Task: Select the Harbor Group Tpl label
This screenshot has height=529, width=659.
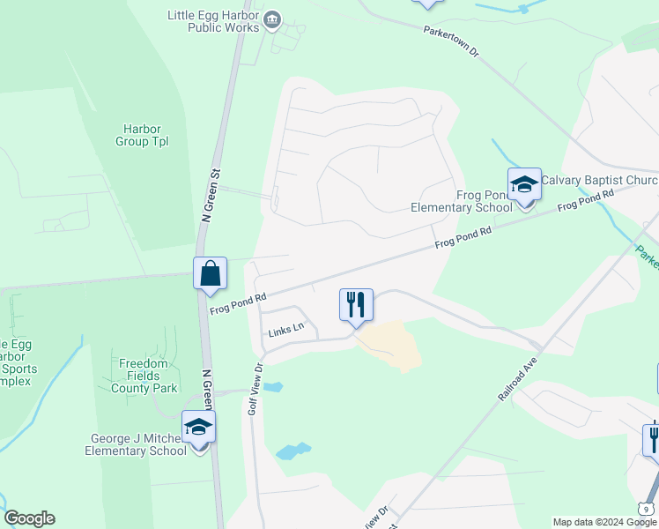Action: tap(142, 135)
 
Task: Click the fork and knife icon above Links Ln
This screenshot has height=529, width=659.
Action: tap(357, 305)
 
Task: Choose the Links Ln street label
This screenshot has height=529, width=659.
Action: tap(286, 329)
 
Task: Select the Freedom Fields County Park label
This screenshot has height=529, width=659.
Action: tap(144, 376)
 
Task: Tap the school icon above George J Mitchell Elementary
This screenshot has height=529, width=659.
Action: tap(199, 428)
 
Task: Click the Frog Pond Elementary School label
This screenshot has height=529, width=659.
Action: tap(462, 201)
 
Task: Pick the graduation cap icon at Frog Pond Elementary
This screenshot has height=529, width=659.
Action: tap(524, 184)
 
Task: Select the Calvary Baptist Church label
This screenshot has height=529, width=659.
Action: tap(599, 180)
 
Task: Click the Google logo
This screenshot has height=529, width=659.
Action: tap(28, 518)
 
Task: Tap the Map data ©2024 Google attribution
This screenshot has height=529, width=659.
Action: tap(604, 522)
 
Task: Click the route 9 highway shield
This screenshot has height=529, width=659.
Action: tap(648, 509)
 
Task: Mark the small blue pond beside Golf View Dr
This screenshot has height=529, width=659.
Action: tap(272, 387)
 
